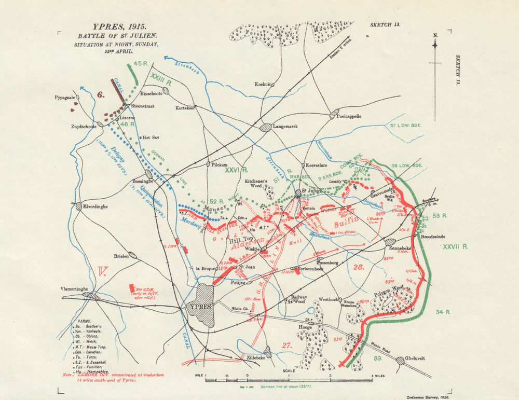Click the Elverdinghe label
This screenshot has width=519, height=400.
(96, 206)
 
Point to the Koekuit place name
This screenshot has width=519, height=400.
(263, 84)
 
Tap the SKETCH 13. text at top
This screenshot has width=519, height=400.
(385, 24)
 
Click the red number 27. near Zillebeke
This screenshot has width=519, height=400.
(288, 344)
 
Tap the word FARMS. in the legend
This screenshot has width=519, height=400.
(85, 321)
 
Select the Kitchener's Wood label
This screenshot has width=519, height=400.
(259, 184)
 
